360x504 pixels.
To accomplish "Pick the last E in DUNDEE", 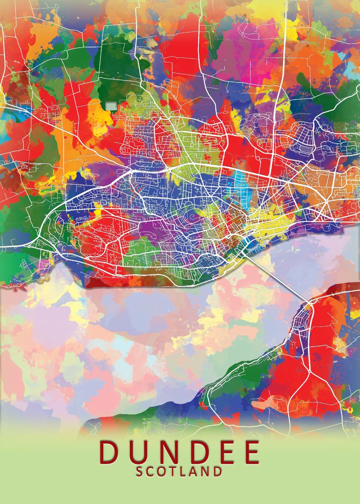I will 251,452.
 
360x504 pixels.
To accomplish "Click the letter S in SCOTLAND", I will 139,471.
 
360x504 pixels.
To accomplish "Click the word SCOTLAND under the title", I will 179,471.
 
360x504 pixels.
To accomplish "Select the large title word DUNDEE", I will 180,452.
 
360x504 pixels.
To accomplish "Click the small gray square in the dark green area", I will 111,105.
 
